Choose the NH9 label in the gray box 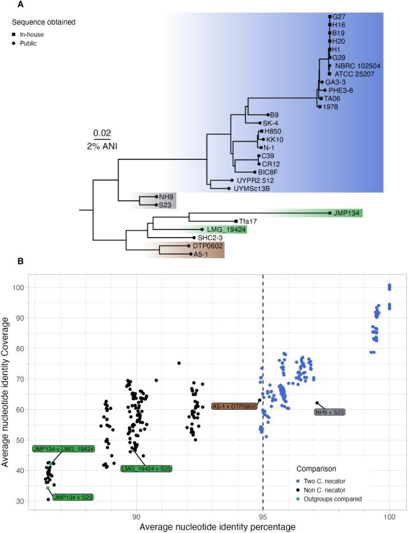click(166, 197)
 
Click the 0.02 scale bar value click(102, 132)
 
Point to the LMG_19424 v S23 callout click(146, 469)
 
